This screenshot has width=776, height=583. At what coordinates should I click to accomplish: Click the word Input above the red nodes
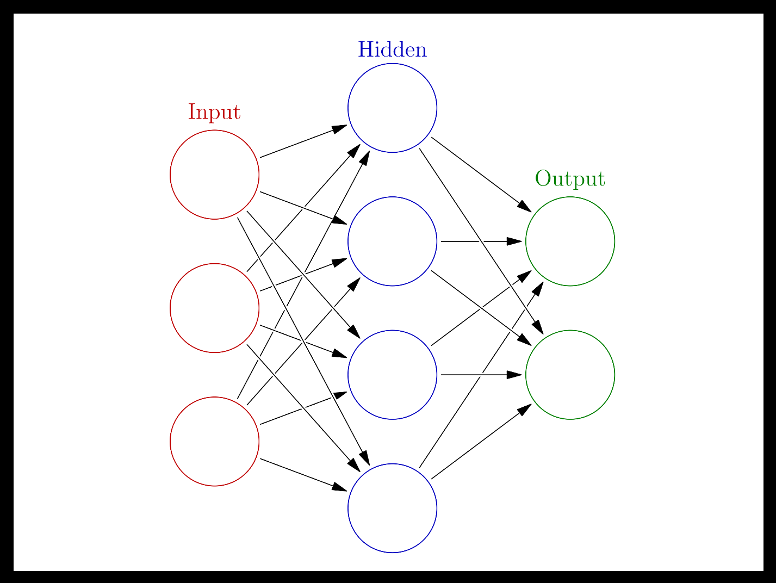(x=214, y=112)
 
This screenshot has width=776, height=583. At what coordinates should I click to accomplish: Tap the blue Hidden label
(x=392, y=49)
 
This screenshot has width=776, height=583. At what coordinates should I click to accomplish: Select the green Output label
(x=570, y=179)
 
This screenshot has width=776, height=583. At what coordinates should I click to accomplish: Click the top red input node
(x=214, y=175)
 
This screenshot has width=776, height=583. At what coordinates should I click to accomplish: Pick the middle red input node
(x=214, y=308)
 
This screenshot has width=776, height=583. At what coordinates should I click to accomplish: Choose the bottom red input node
(x=214, y=441)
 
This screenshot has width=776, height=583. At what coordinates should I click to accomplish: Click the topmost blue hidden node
(x=392, y=108)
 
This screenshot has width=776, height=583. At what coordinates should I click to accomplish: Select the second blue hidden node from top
(x=392, y=241)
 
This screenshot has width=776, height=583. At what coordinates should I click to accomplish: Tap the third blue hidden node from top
(x=392, y=374)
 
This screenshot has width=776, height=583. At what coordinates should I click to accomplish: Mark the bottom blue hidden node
(x=392, y=508)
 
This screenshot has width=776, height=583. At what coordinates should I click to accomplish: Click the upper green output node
(x=570, y=241)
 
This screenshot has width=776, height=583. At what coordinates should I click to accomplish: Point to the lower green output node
(x=570, y=374)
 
